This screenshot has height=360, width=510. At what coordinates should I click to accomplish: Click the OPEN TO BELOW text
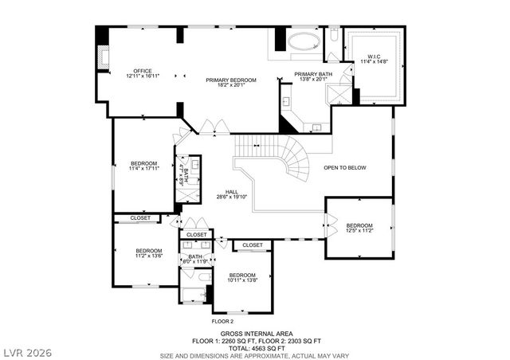[x=344, y=168]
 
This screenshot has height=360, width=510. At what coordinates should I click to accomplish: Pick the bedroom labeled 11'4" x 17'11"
[x=145, y=165]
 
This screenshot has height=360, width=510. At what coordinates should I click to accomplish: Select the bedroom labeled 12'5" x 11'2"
[x=359, y=228]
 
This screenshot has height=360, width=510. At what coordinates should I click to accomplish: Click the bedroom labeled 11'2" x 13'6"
[x=148, y=253]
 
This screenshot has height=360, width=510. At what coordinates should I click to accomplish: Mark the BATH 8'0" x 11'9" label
[x=195, y=259]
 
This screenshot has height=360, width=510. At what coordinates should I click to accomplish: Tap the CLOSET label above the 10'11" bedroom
[x=253, y=245]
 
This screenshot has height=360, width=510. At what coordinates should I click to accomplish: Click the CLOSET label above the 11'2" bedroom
[x=140, y=217]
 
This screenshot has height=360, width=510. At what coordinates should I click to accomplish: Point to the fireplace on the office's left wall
[x=101, y=56]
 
